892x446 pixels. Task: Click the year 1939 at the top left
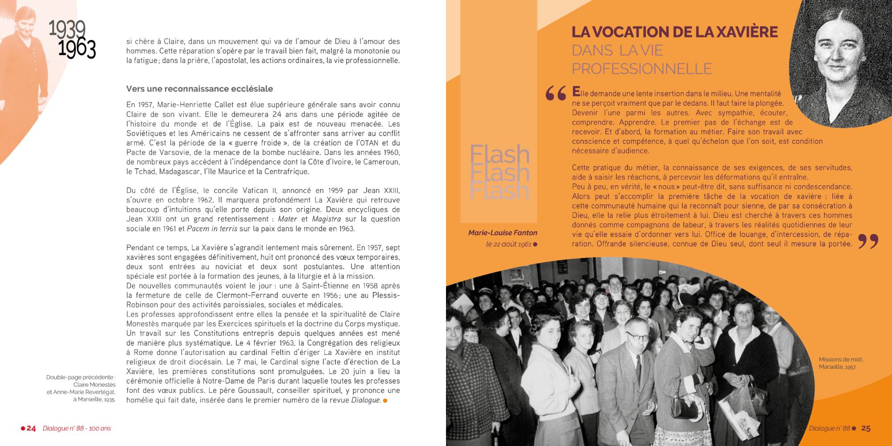(x=67, y=29)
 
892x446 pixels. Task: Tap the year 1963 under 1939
(x=77, y=49)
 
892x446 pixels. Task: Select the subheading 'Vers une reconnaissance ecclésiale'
(x=199, y=89)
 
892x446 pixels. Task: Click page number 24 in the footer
(x=31, y=429)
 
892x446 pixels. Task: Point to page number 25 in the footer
(x=866, y=429)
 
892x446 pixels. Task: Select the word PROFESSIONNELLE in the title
(x=642, y=69)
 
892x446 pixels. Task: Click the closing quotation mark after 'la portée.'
(x=868, y=241)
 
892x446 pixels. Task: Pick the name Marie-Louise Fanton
(x=503, y=233)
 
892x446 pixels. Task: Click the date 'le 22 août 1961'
(x=508, y=244)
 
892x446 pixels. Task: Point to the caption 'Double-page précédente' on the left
(x=81, y=388)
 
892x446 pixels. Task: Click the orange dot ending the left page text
(x=385, y=400)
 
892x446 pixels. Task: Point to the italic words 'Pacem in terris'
(x=212, y=229)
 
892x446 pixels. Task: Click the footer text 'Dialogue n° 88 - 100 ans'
(x=77, y=429)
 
